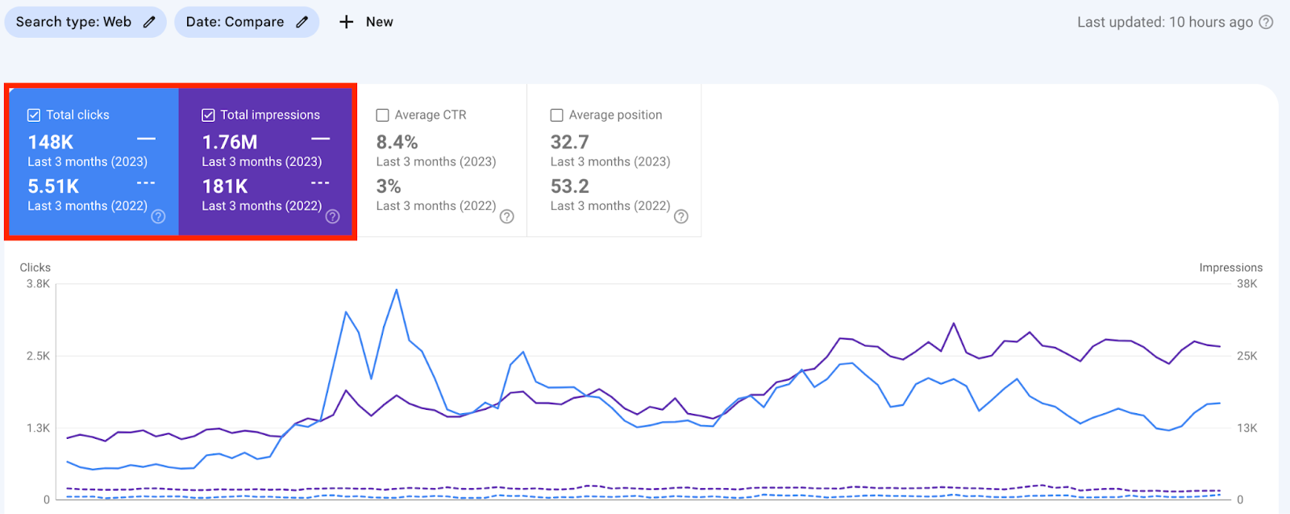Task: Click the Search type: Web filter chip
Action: (x=85, y=22)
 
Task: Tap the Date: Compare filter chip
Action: (x=246, y=22)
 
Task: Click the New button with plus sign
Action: (x=366, y=22)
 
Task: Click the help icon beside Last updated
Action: (x=1267, y=22)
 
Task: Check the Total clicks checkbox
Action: (x=34, y=115)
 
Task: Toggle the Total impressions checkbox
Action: (x=208, y=115)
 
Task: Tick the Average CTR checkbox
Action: (x=382, y=115)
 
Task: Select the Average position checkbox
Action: (x=556, y=115)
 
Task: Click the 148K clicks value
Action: (x=51, y=142)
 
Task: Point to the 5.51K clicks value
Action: (x=53, y=186)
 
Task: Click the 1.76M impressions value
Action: (x=230, y=142)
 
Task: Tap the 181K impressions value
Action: (x=225, y=186)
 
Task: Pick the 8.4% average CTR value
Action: (x=397, y=142)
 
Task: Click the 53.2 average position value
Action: (x=569, y=186)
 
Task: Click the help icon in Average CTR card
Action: (x=506, y=216)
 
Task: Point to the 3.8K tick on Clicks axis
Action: (x=38, y=284)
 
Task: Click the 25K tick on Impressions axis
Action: (x=1246, y=356)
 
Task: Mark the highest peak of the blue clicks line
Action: (x=396, y=290)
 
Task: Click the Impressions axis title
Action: (x=1230, y=267)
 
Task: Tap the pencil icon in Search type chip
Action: (x=149, y=22)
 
